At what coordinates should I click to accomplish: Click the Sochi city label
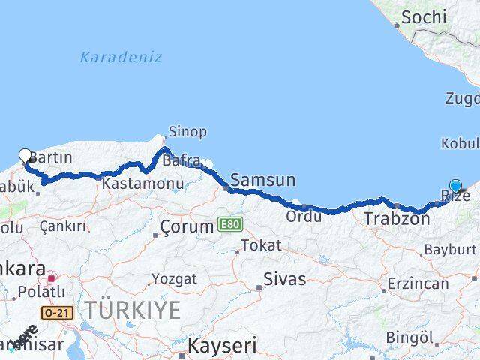pyautogui.click(x=424, y=16)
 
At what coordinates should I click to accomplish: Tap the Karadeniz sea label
pyautogui.click(x=121, y=57)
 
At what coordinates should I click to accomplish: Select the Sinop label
pyautogui.click(x=187, y=132)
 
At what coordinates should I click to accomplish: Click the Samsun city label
pyautogui.click(x=262, y=180)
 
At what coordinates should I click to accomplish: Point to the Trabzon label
pyautogui.click(x=397, y=219)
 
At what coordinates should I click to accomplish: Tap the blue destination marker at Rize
pyautogui.click(x=455, y=187)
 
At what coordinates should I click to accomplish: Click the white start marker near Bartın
pyautogui.click(x=25, y=156)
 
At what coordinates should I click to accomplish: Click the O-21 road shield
pyautogui.click(x=58, y=312)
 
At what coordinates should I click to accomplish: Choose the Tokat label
pyautogui.click(x=262, y=245)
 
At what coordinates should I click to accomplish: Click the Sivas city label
pyautogui.click(x=285, y=279)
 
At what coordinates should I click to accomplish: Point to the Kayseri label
pyautogui.click(x=221, y=346)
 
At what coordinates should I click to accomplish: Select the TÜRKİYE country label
pyautogui.click(x=132, y=309)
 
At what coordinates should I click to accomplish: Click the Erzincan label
pyautogui.click(x=419, y=285)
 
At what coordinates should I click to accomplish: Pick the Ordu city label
pyautogui.click(x=304, y=216)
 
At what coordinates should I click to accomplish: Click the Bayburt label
pyautogui.click(x=450, y=248)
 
